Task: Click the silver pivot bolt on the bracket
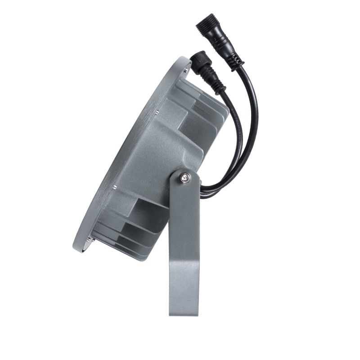[184, 179]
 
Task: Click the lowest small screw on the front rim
[93, 239]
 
